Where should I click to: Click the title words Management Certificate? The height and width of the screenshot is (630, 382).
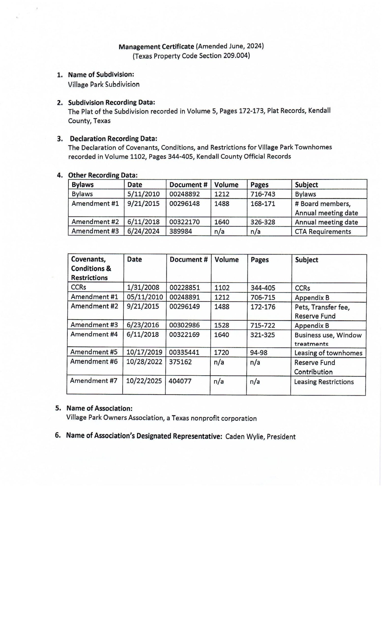point(156,47)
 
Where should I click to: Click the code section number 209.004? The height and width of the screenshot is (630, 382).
point(236,56)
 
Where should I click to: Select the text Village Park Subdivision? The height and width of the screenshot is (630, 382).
point(104,84)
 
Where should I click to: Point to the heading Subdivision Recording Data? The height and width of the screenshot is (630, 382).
point(111,103)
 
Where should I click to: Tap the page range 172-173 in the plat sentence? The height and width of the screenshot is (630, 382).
point(251,111)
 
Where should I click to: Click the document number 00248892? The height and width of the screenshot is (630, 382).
point(184,194)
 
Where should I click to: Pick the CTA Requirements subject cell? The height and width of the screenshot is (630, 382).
point(323,232)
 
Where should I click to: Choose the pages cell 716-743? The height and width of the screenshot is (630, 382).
point(263,194)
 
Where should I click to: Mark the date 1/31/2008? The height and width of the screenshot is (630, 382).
point(143,288)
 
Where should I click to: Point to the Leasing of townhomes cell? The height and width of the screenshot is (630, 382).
point(328,353)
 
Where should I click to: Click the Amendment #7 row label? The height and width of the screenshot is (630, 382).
point(94,381)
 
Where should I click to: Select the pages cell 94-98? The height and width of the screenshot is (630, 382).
point(259,353)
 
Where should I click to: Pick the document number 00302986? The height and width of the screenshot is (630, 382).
point(184,325)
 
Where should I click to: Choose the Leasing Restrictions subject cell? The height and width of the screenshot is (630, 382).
point(324,382)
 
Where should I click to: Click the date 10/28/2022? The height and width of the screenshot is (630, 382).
point(144,362)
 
